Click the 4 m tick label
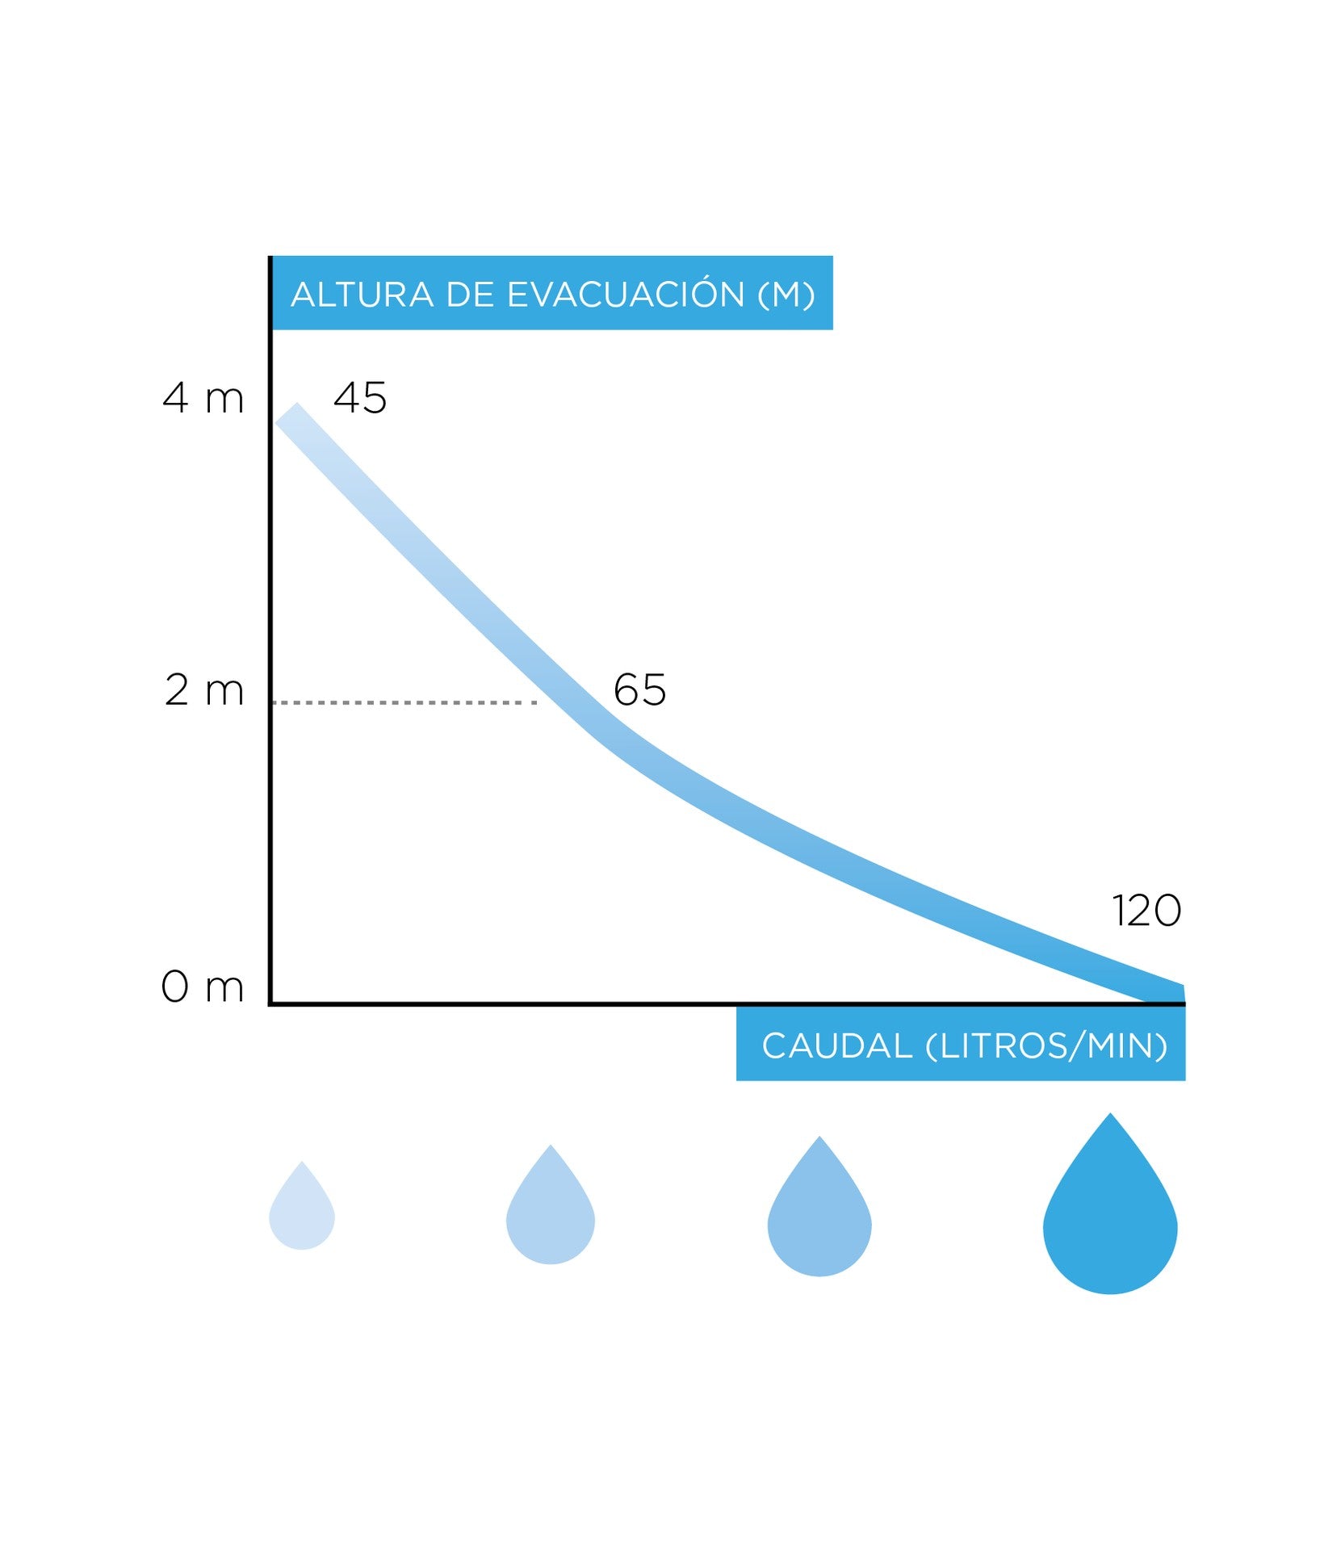point(203,398)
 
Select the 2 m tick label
point(203,690)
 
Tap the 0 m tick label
point(202,987)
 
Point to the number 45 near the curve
point(360,398)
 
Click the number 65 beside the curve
point(639,690)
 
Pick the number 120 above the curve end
point(1146,911)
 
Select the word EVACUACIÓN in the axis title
point(626,294)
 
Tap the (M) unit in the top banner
point(786,295)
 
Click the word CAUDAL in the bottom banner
point(836,1046)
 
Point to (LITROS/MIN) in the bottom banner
point(1046,1046)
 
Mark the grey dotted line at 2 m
point(404,702)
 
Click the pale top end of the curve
point(291,417)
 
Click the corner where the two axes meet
point(270,1003)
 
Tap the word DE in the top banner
point(470,295)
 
